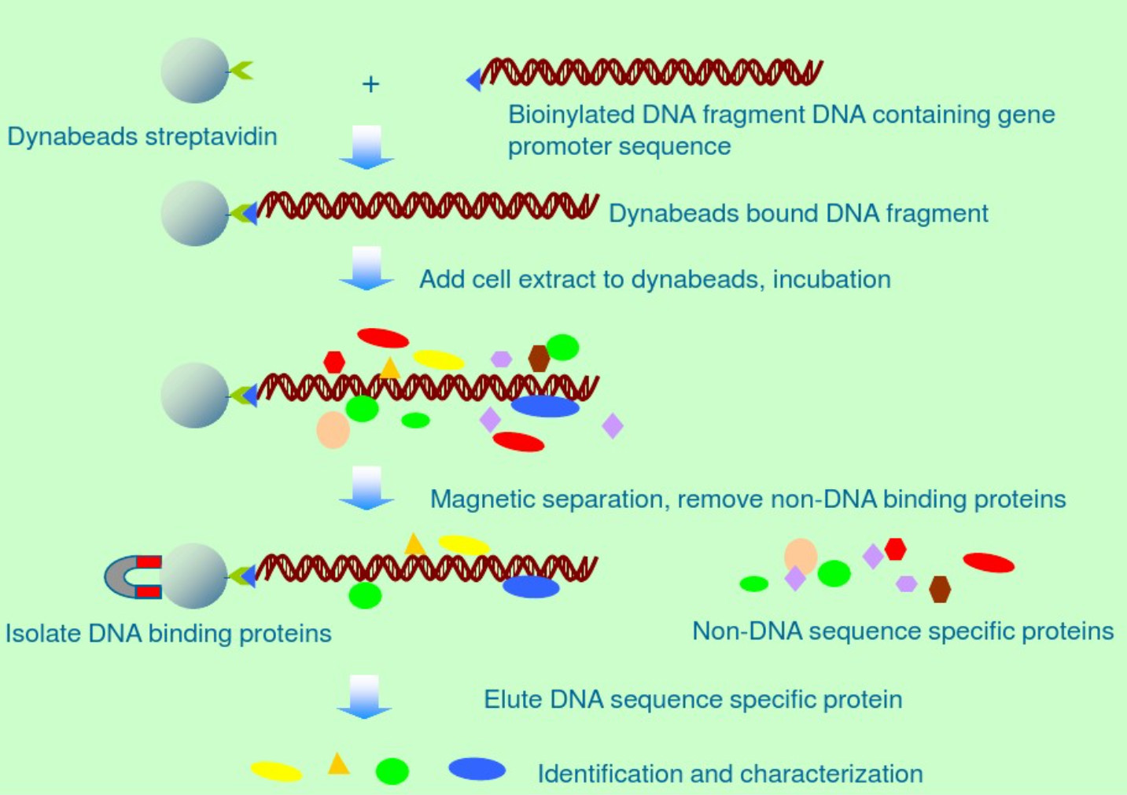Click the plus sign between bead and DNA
click(370, 83)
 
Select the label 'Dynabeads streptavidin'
click(142, 137)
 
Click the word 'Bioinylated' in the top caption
click(571, 115)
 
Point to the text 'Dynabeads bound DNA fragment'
click(798, 213)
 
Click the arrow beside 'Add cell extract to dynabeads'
click(366, 269)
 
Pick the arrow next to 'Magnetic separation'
click(366, 488)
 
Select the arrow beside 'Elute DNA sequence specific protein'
click(364, 697)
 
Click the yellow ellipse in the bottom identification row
click(277, 771)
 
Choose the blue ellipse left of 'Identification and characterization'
click(477, 769)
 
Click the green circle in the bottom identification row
click(392, 771)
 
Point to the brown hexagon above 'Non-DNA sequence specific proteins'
click(940, 588)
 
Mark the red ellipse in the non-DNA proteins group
click(989, 562)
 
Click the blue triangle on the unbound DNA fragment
click(474, 79)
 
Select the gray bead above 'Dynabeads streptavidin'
click(194, 71)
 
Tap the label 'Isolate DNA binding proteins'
click(168, 634)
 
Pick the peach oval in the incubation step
click(333, 430)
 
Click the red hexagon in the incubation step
click(334, 362)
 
